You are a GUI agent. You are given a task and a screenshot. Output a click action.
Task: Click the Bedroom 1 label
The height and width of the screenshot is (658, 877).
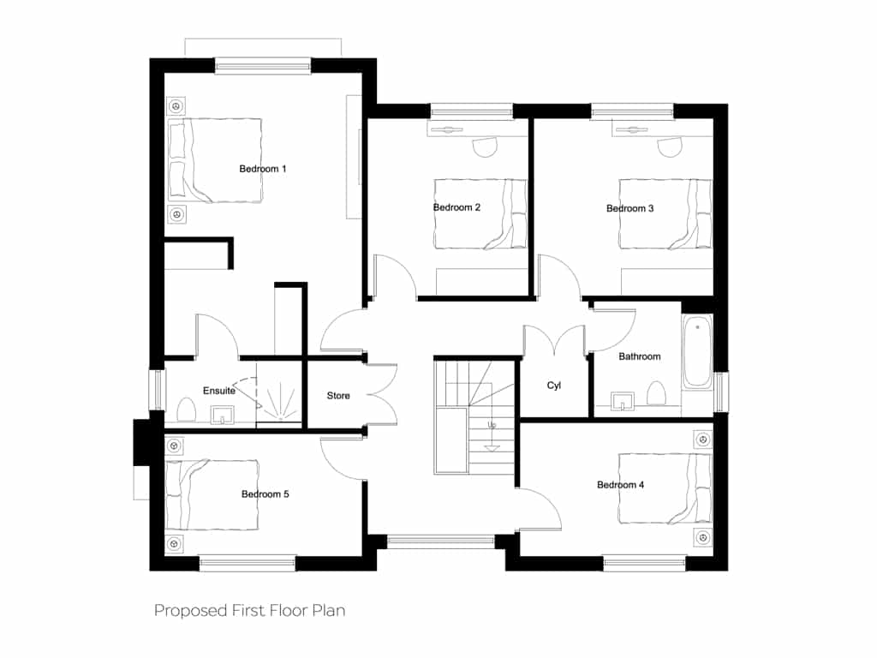pyautogui.click(x=263, y=169)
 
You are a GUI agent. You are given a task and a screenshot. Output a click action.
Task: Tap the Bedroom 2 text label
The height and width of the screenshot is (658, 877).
pyautogui.click(x=457, y=207)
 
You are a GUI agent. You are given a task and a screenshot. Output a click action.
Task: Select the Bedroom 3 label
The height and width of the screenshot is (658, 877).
pyautogui.click(x=629, y=208)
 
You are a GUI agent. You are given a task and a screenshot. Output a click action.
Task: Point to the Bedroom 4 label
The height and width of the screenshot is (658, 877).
pyautogui.click(x=620, y=485)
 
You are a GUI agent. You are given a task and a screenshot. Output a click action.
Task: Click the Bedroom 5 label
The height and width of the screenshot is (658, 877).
pyautogui.click(x=265, y=494)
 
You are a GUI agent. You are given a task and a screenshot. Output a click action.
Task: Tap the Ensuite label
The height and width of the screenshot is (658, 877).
pyautogui.click(x=219, y=391)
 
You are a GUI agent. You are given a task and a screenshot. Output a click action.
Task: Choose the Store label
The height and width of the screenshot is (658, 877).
pyautogui.click(x=338, y=396)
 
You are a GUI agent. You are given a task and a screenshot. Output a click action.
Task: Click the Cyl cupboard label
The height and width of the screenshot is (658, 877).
pyautogui.click(x=554, y=386)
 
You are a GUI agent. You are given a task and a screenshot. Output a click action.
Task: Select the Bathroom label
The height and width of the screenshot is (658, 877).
pyautogui.click(x=639, y=356)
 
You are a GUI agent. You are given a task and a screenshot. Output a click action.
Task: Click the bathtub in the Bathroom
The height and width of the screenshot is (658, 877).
pyautogui.click(x=697, y=351)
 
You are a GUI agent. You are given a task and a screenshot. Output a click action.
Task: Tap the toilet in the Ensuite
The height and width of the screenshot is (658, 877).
pyautogui.click(x=186, y=410)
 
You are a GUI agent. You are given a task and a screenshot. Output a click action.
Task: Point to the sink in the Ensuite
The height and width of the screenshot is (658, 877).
pyautogui.click(x=223, y=416)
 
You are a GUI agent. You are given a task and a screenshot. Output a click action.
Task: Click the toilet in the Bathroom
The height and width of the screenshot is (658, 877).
pyautogui.click(x=655, y=393)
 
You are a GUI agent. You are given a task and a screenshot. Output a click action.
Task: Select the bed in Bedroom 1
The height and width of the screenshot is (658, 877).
pyautogui.click(x=215, y=160)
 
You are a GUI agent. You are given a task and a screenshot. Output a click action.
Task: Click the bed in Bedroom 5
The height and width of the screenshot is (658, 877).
pyautogui.click(x=212, y=494)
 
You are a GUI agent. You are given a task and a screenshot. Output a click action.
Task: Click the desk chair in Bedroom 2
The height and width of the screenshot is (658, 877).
pyautogui.click(x=485, y=147)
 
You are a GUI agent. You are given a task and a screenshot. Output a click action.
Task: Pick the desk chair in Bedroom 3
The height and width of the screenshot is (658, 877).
pyautogui.click(x=670, y=147)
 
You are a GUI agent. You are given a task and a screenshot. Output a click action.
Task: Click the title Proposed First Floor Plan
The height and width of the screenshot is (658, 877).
pyautogui.click(x=249, y=610)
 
